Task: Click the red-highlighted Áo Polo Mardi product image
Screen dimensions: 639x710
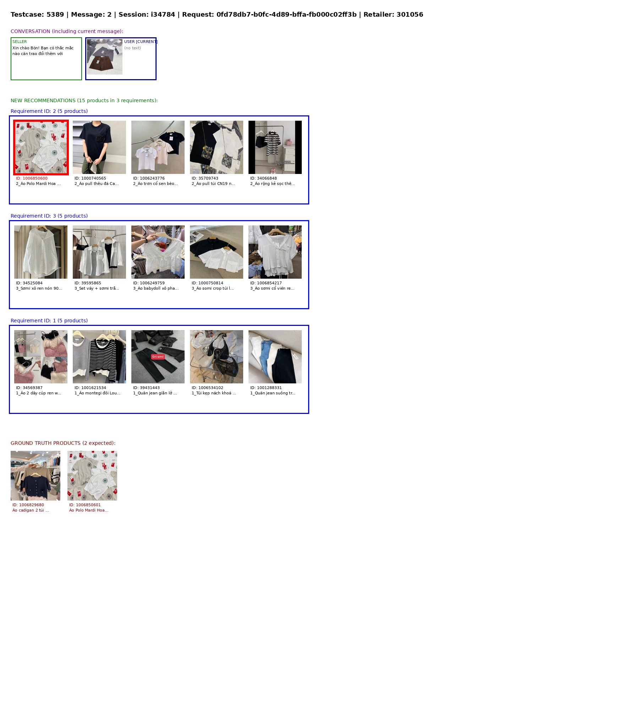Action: pos(41,147)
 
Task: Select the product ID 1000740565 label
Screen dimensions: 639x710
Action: pos(90,179)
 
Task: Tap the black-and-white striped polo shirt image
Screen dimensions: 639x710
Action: pos(275,147)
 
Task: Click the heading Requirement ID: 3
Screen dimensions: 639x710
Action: pos(49,216)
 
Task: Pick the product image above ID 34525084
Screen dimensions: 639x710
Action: pos(41,252)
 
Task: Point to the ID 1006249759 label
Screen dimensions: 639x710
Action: pos(149,283)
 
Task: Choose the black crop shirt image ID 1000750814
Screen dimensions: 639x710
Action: pos(217,252)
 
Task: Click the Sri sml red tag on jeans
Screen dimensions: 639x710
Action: pos(158,357)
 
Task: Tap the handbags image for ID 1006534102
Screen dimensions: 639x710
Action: pos(217,357)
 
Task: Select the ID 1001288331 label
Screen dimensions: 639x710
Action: pos(266,388)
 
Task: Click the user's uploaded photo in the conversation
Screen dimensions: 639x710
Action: pos(105,57)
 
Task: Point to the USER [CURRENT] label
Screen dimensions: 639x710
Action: pos(141,42)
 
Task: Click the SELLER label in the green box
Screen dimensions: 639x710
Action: pos(20,42)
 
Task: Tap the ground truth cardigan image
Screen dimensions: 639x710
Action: pos(35,476)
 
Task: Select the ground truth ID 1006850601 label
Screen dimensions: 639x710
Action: pos(85,505)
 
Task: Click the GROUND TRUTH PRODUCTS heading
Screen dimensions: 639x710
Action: pos(63,443)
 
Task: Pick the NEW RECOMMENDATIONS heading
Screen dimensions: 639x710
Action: pos(84,100)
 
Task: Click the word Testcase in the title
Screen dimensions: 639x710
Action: pos(27,15)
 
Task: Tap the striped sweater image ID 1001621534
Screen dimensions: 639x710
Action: pos(99,357)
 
